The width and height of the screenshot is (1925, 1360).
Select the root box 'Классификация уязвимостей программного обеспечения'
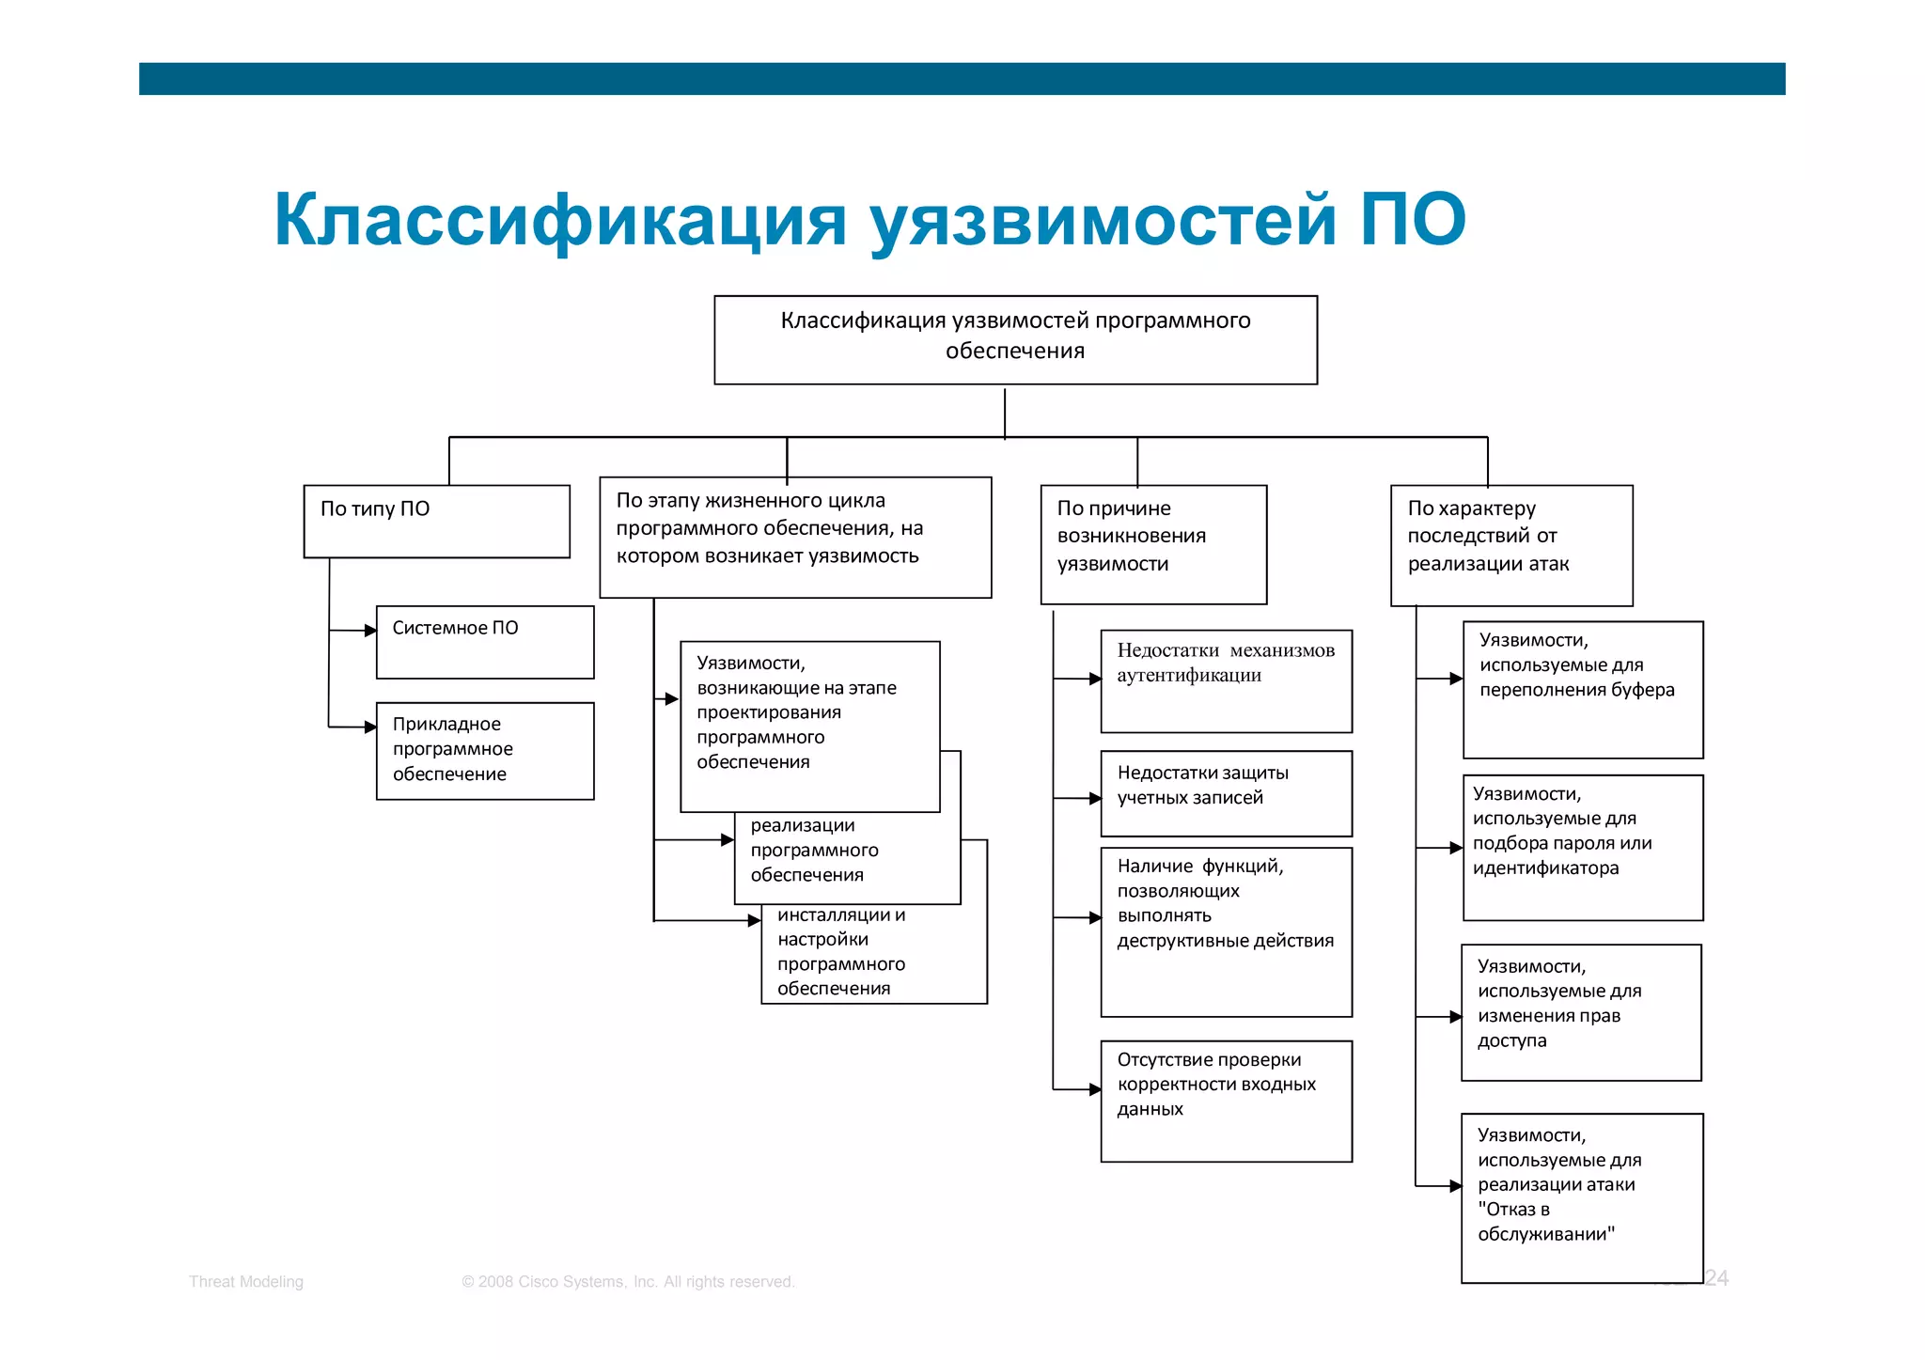click(x=1015, y=339)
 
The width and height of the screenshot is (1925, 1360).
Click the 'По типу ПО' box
click(x=436, y=521)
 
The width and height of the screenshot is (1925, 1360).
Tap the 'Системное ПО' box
click(x=484, y=641)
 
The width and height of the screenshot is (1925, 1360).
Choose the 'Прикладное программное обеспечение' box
click(x=484, y=750)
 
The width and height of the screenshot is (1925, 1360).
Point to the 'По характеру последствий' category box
click(x=1510, y=544)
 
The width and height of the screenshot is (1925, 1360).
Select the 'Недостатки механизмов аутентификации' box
click(x=1226, y=680)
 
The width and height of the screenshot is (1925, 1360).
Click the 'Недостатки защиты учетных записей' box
click(x=1226, y=792)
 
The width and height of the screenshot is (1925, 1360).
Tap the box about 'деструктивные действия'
click(x=1226, y=930)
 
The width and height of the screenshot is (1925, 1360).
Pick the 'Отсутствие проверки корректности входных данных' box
click(x=1226, y=1100)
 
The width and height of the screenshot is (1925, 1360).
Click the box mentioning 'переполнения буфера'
click(x=1582, y=689)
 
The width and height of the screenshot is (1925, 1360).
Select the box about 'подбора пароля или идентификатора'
click(x=1582, y=846)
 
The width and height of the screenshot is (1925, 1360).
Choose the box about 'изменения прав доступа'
click(x=1580, y=1011)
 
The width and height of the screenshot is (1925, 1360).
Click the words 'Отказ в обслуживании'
click(x=1545, y=1222)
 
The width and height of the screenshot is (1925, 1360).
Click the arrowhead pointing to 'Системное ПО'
click(x=370, y=631)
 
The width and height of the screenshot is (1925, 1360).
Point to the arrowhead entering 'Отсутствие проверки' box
click(x=1095, y=1089)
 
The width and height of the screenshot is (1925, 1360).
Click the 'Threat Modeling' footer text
click(x=246, y=1281)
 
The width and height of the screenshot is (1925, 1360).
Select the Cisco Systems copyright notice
click(x=628, y=1281)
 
